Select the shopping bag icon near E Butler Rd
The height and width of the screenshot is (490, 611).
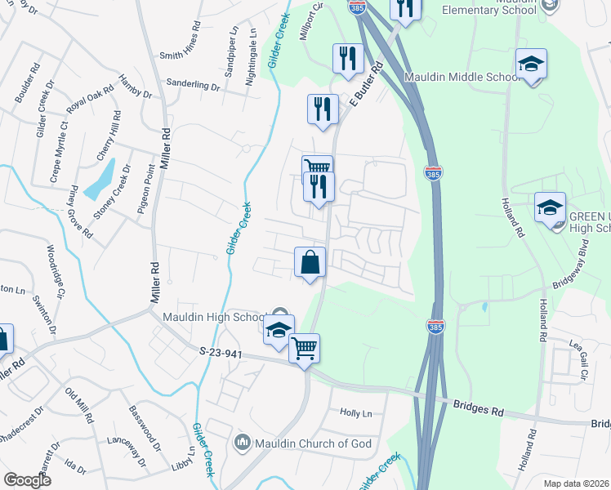(310, 263)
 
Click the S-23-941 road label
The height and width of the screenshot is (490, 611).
(222, 351)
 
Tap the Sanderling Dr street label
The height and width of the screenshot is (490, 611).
(193, 85)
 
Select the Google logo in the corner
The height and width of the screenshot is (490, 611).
(27, 480)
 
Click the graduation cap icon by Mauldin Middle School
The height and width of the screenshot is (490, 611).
(531, 65)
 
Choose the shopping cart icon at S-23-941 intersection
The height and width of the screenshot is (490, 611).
(304, 349)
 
